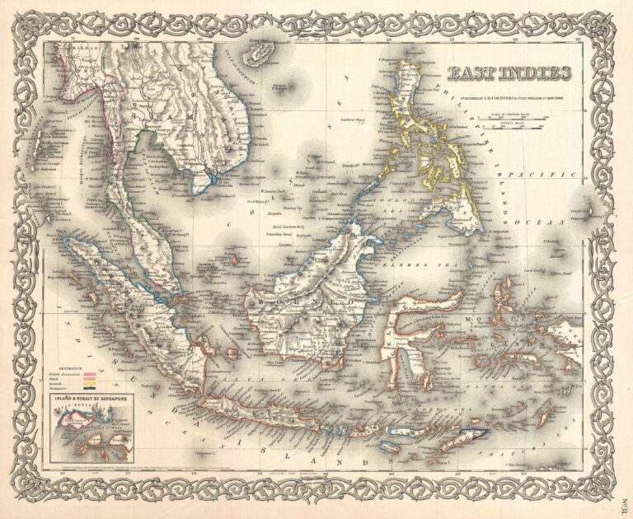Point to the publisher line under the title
point(511,92)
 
